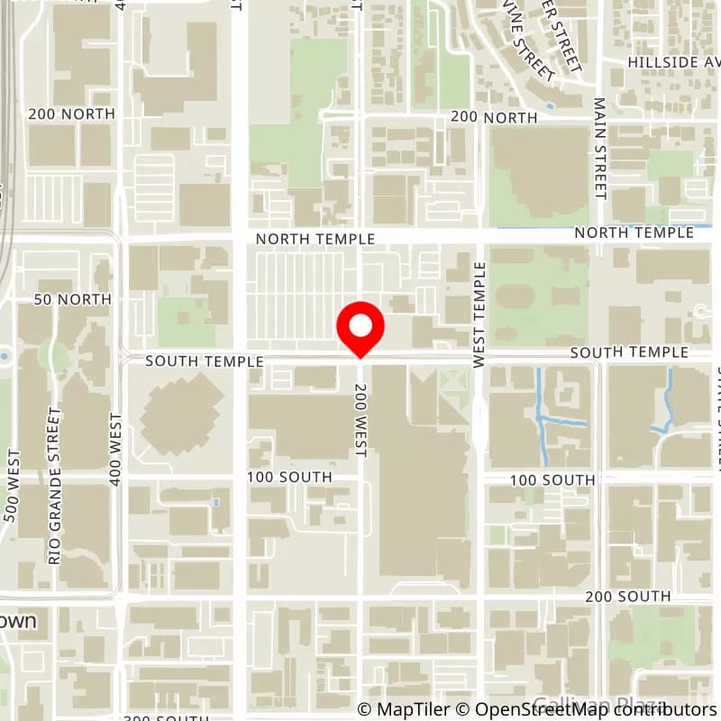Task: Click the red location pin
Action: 360,329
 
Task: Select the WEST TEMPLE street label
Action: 479,315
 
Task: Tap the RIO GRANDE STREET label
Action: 55,486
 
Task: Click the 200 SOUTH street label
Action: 627,597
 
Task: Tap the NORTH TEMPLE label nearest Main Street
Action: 634,233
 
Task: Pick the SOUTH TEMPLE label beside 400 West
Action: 204,360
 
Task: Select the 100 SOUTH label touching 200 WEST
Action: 301,477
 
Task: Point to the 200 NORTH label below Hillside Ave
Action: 493,117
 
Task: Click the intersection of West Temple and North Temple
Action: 479,236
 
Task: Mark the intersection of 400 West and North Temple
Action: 122,239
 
